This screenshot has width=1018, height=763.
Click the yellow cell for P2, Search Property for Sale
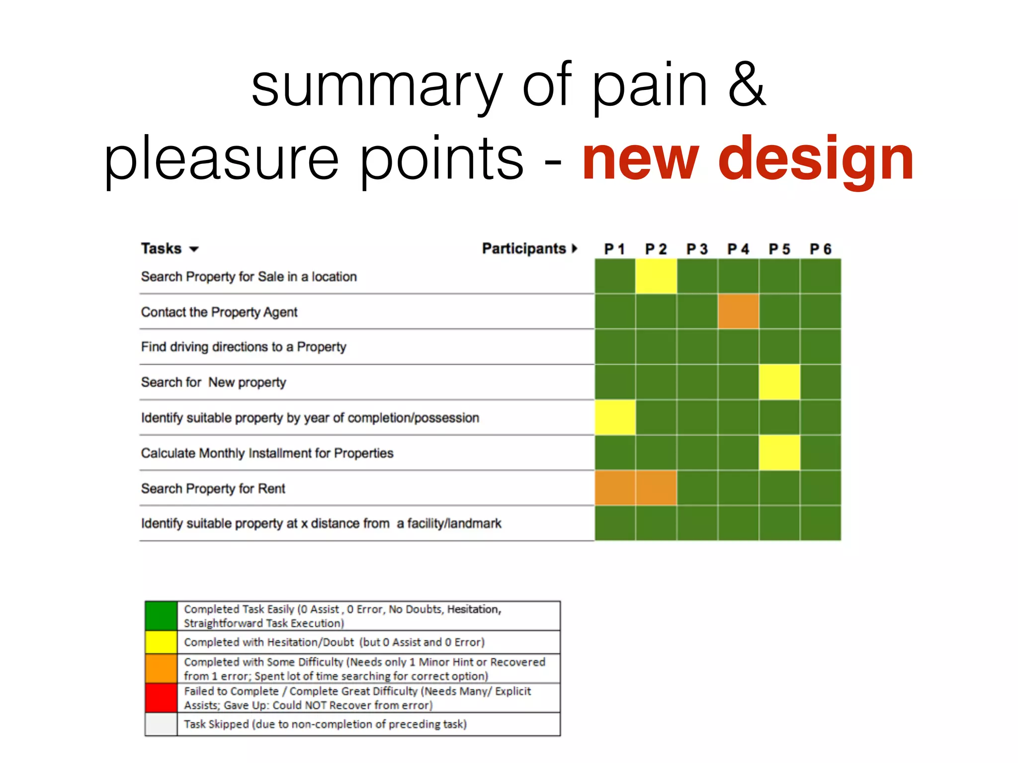click(656, 276)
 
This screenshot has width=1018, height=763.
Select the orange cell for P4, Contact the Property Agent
click(738, 311)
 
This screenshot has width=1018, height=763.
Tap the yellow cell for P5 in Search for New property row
click(779, 382)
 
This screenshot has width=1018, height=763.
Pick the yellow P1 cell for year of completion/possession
click(615, 417)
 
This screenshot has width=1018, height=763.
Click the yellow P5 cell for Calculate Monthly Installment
click(779, 453)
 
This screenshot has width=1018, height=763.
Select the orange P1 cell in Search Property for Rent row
click(615, 488)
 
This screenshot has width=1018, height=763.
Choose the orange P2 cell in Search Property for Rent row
click(656, 488)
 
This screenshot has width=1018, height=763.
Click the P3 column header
click(697, 249)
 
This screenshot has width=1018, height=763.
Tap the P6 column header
click(820, 249)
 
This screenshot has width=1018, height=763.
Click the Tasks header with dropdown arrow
click(170, 248)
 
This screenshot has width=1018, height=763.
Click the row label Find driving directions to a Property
click(244, 347)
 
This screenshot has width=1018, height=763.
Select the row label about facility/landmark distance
click(321, 523)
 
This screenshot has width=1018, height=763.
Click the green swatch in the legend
click(161, 616)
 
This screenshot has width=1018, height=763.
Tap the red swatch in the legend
click(161, 698)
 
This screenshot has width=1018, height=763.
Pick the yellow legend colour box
click(161, 642)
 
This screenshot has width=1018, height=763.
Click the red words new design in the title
click(748, 159)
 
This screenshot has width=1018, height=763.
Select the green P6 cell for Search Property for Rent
click(820, 488)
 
